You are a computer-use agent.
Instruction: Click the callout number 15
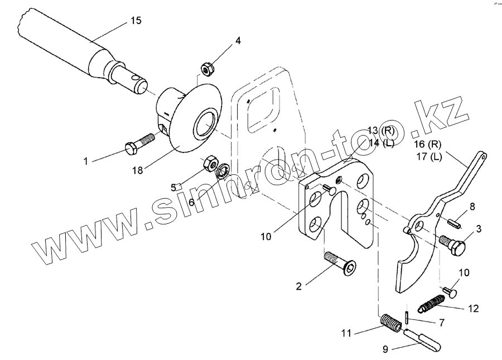[x=136, y=21]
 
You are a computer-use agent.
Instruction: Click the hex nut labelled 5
[x=210, y=164]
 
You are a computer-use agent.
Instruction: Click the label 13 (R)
[x=381, y=131]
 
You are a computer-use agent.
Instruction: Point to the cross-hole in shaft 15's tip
[x=133, y=84]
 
